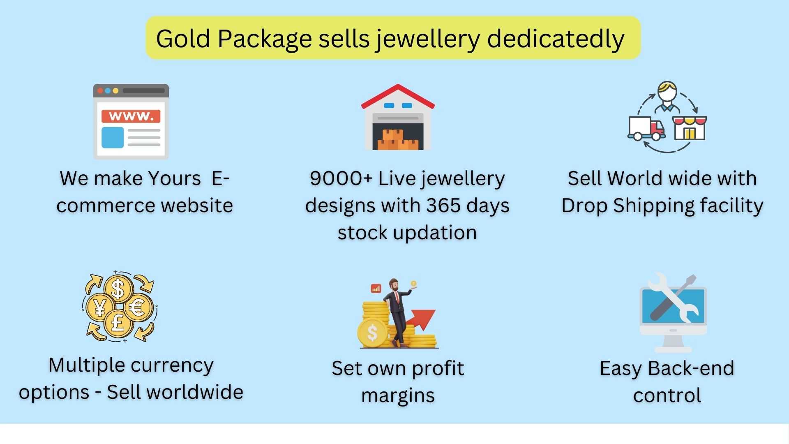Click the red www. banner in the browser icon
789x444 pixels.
(131, 116)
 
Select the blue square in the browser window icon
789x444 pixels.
(113, 137)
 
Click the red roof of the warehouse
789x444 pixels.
(398, 96)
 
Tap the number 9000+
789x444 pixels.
(341, 178)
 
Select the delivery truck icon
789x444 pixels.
(646, 129)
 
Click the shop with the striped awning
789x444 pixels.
(690, 128)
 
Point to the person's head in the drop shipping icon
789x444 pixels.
(667, 91)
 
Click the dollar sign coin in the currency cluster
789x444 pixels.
(118, 289)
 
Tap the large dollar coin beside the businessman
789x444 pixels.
(372, 333)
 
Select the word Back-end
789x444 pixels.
(691, 368)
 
